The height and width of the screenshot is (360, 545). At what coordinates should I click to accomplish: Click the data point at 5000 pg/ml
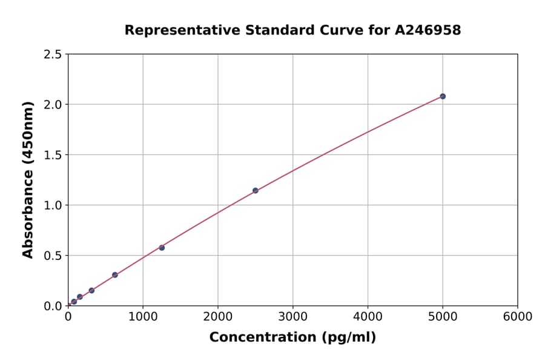coord(443,96)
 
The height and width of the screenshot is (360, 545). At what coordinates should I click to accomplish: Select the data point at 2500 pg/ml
coord(256,190)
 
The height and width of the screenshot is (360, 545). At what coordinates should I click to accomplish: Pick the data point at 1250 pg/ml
coord(162,247)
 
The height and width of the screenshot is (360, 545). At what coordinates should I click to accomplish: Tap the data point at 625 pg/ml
coord(115,275)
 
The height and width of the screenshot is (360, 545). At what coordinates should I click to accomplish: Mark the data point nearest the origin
coord(74,301)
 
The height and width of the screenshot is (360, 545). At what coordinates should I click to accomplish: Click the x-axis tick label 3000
coord(292,317)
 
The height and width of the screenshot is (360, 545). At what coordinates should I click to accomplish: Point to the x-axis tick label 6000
coord(518,317)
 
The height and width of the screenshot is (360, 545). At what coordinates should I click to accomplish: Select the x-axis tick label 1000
coord(143,317)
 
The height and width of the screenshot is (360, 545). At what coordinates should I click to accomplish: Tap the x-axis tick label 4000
coord(368,317)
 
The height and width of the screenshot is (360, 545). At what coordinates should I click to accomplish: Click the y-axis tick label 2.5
coord(53,55)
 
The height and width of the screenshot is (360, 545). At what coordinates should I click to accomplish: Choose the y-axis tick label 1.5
coord(53,155)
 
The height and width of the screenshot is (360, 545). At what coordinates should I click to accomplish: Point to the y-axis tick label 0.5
coord(53,256)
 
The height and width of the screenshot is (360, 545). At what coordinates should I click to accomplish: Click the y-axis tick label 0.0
coord(53,306)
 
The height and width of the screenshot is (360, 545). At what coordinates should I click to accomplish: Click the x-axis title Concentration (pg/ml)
coord(292,338)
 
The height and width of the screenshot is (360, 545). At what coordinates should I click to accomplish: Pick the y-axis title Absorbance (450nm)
coord(28,179)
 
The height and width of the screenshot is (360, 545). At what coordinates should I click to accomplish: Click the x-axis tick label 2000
coord(218,317)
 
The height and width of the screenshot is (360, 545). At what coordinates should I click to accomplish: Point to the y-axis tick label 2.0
coord(53,105)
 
